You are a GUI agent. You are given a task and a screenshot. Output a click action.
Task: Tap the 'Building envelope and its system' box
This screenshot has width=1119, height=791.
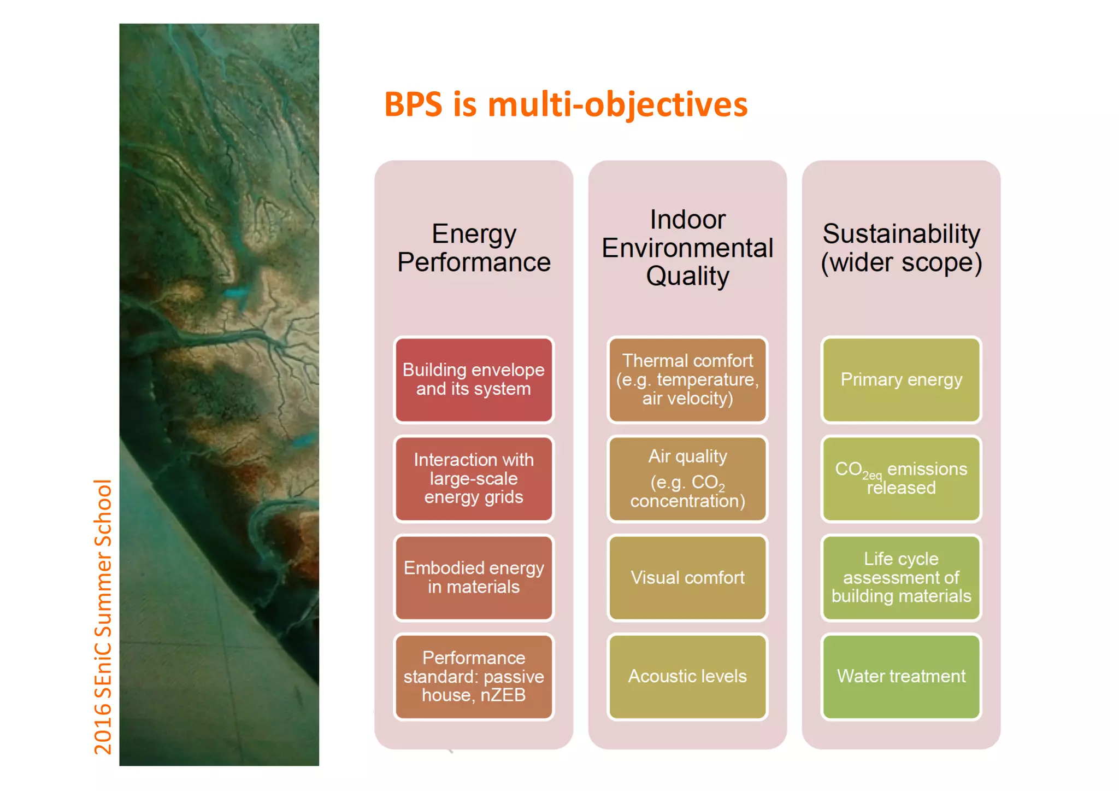pyautogui.click(x=473, y=379)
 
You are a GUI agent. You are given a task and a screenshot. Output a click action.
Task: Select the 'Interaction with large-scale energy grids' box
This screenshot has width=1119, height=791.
pyautogui.click(x=473, y=478)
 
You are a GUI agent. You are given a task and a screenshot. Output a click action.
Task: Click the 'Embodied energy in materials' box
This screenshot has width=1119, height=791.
pyautogui.click(x=473, y=577)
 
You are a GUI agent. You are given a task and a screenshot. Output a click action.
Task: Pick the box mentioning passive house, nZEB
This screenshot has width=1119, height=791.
pyautogui.click(x=473, y=676)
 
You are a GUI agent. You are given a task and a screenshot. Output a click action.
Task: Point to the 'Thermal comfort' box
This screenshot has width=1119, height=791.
pyautogui.click(x=687, y=379)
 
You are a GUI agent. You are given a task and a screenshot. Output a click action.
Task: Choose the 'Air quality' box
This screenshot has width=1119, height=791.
pyautogui.click(x=687, y=478)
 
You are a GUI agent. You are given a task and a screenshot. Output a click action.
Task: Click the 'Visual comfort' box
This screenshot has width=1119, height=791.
pyautogui.click(x=687, y=577)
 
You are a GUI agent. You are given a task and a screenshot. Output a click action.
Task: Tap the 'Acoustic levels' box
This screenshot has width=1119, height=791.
pyautogui.click(x=687, y=676)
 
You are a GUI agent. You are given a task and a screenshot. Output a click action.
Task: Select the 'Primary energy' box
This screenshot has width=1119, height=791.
pyautogui.click(x=901, y=379)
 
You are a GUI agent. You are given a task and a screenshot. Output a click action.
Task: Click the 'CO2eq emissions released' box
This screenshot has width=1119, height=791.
pyautogui.click(x=901, y=478)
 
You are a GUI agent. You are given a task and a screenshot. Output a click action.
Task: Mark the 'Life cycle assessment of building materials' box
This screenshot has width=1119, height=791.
pyautogui.click(x=901, y=577)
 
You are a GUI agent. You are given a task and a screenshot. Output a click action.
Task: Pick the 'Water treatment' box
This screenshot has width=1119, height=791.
pyautogui.click(x=901, y=676)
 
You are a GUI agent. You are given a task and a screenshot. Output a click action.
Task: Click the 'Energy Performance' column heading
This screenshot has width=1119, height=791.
pyautogui.click(x=473, y=248)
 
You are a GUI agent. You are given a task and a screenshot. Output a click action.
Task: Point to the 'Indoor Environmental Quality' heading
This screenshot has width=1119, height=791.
pyautogui.click(x=687, y=248)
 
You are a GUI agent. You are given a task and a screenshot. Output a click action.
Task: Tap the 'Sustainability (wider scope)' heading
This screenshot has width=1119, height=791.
pyautogui.click(x=901, y=248)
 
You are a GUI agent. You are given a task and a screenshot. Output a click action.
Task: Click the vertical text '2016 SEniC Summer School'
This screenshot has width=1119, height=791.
pyautogui.click(x=103, y=617)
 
